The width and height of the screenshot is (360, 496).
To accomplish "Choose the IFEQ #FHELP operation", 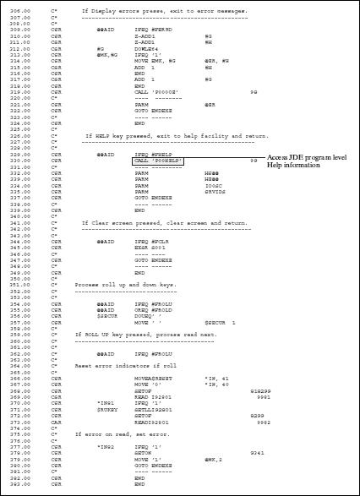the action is tap(151, 154).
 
